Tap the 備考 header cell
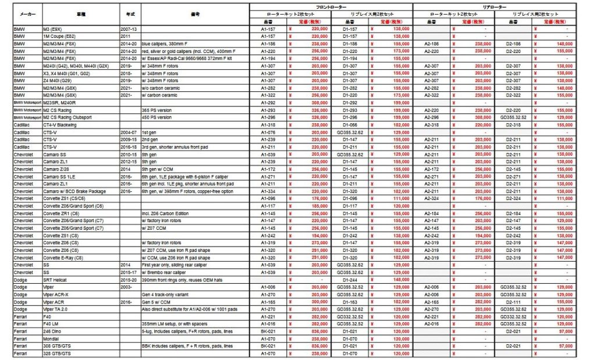194,13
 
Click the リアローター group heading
494,5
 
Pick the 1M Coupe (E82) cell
60,36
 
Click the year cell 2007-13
129,28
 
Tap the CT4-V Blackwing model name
63,124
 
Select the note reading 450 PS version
156,117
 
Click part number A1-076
268,132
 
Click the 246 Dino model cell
53,330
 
